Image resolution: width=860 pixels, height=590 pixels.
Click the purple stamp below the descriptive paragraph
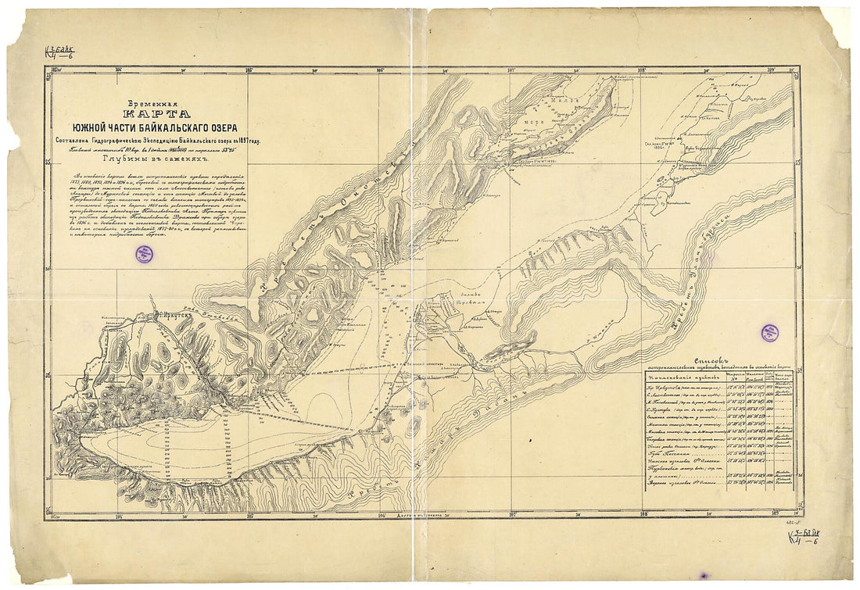(144, 253)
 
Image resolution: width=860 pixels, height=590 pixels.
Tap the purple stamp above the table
(770, 333)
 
